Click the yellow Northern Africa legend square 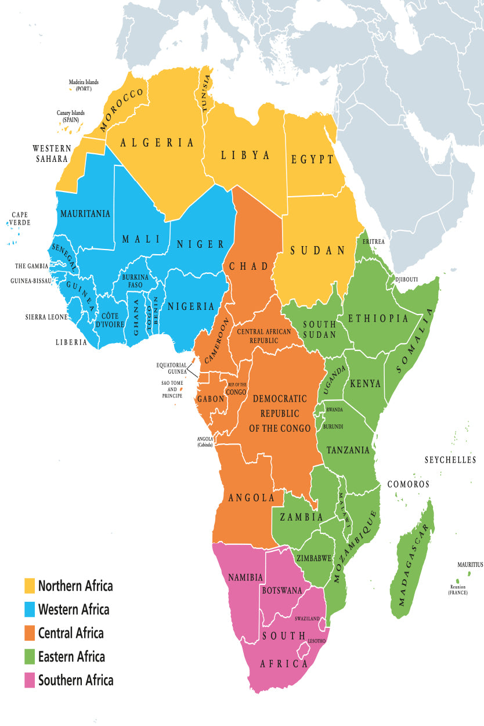(30, 586)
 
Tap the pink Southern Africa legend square (30, 680)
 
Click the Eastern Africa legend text (71, 656)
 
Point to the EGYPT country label (313, 159)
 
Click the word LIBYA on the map (245, 155)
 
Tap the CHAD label (249, 266)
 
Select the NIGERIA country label (191, 306)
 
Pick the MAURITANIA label (85, 214)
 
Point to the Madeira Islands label (84, 85)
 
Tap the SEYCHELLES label (450, 460)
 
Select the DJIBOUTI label (406, 280)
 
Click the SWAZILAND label (307, 619)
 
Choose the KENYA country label (365, 384)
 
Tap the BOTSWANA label (282, 590)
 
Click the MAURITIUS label (469, 565)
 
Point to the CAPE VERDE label (20, 219)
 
